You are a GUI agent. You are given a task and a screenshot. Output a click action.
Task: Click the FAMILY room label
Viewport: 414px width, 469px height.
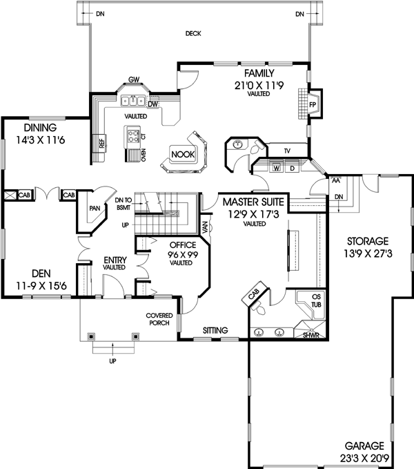tap(259, 73)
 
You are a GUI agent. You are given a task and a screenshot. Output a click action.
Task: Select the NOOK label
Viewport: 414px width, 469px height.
tap(184, 154)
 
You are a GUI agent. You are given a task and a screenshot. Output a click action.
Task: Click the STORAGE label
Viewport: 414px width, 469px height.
tap(368, 241)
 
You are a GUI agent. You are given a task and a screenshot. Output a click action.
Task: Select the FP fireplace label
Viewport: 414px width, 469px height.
tap(313, 104)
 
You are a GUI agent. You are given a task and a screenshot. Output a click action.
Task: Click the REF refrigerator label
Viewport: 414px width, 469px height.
tap(101, 144)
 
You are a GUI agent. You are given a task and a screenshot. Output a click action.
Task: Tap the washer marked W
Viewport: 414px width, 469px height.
tap(275, 168)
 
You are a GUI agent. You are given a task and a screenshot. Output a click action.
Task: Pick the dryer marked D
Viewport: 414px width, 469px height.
tap(292, 168)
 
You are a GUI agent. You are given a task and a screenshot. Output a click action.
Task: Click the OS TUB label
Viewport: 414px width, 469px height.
tap(308, 300)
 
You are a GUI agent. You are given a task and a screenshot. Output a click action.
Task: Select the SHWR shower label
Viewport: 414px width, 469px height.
tap(311, 335)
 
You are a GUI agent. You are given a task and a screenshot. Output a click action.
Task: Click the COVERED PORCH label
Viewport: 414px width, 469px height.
tap(158, 319)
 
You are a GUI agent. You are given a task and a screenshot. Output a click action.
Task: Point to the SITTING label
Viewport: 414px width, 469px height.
tap(215, 331)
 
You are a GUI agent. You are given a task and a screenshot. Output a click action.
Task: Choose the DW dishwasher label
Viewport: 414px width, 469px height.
tap(153, 104)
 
